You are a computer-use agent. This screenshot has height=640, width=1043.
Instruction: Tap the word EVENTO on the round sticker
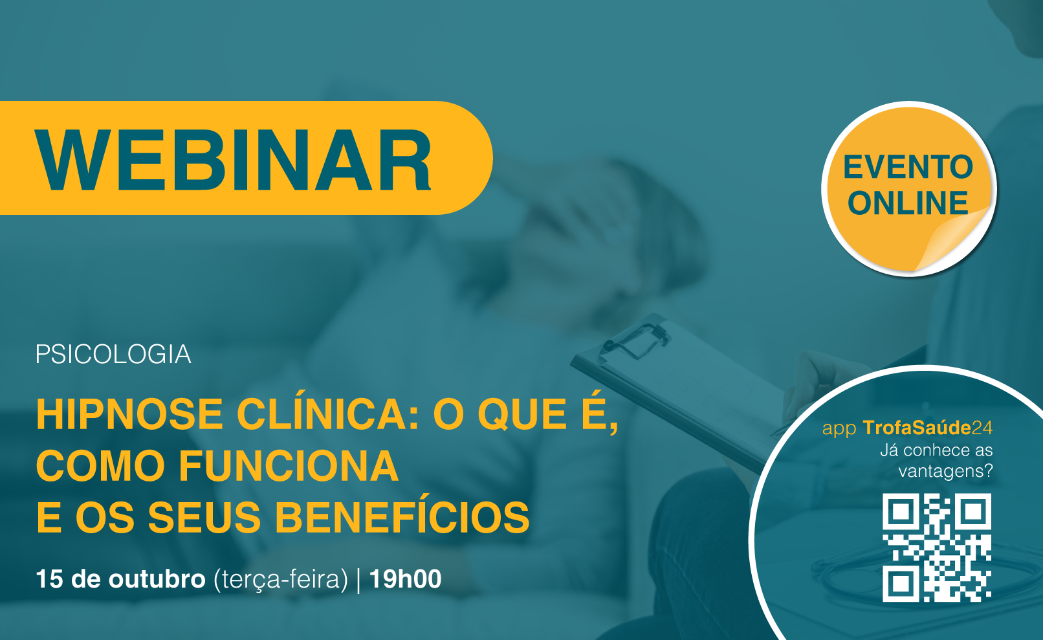click(908, 167)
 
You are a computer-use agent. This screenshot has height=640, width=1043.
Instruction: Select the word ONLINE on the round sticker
click(908, 203)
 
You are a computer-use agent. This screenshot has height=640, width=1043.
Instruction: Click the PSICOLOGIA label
click(113, 354)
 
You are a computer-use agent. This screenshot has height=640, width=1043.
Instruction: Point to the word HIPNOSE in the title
click(129, 414)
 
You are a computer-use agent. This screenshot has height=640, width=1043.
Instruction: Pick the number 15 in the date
click(50, 579)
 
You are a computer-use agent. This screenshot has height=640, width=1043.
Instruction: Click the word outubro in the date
click(157, 579)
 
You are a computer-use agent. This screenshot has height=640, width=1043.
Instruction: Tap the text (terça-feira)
click(281, 580)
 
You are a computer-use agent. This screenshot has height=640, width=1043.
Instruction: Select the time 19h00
click(405, 579)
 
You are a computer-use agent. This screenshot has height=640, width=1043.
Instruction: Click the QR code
click(937, 547)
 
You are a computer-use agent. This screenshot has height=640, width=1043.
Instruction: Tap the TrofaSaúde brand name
click(917, 428)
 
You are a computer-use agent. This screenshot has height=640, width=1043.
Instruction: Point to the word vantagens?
click(945, 471)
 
